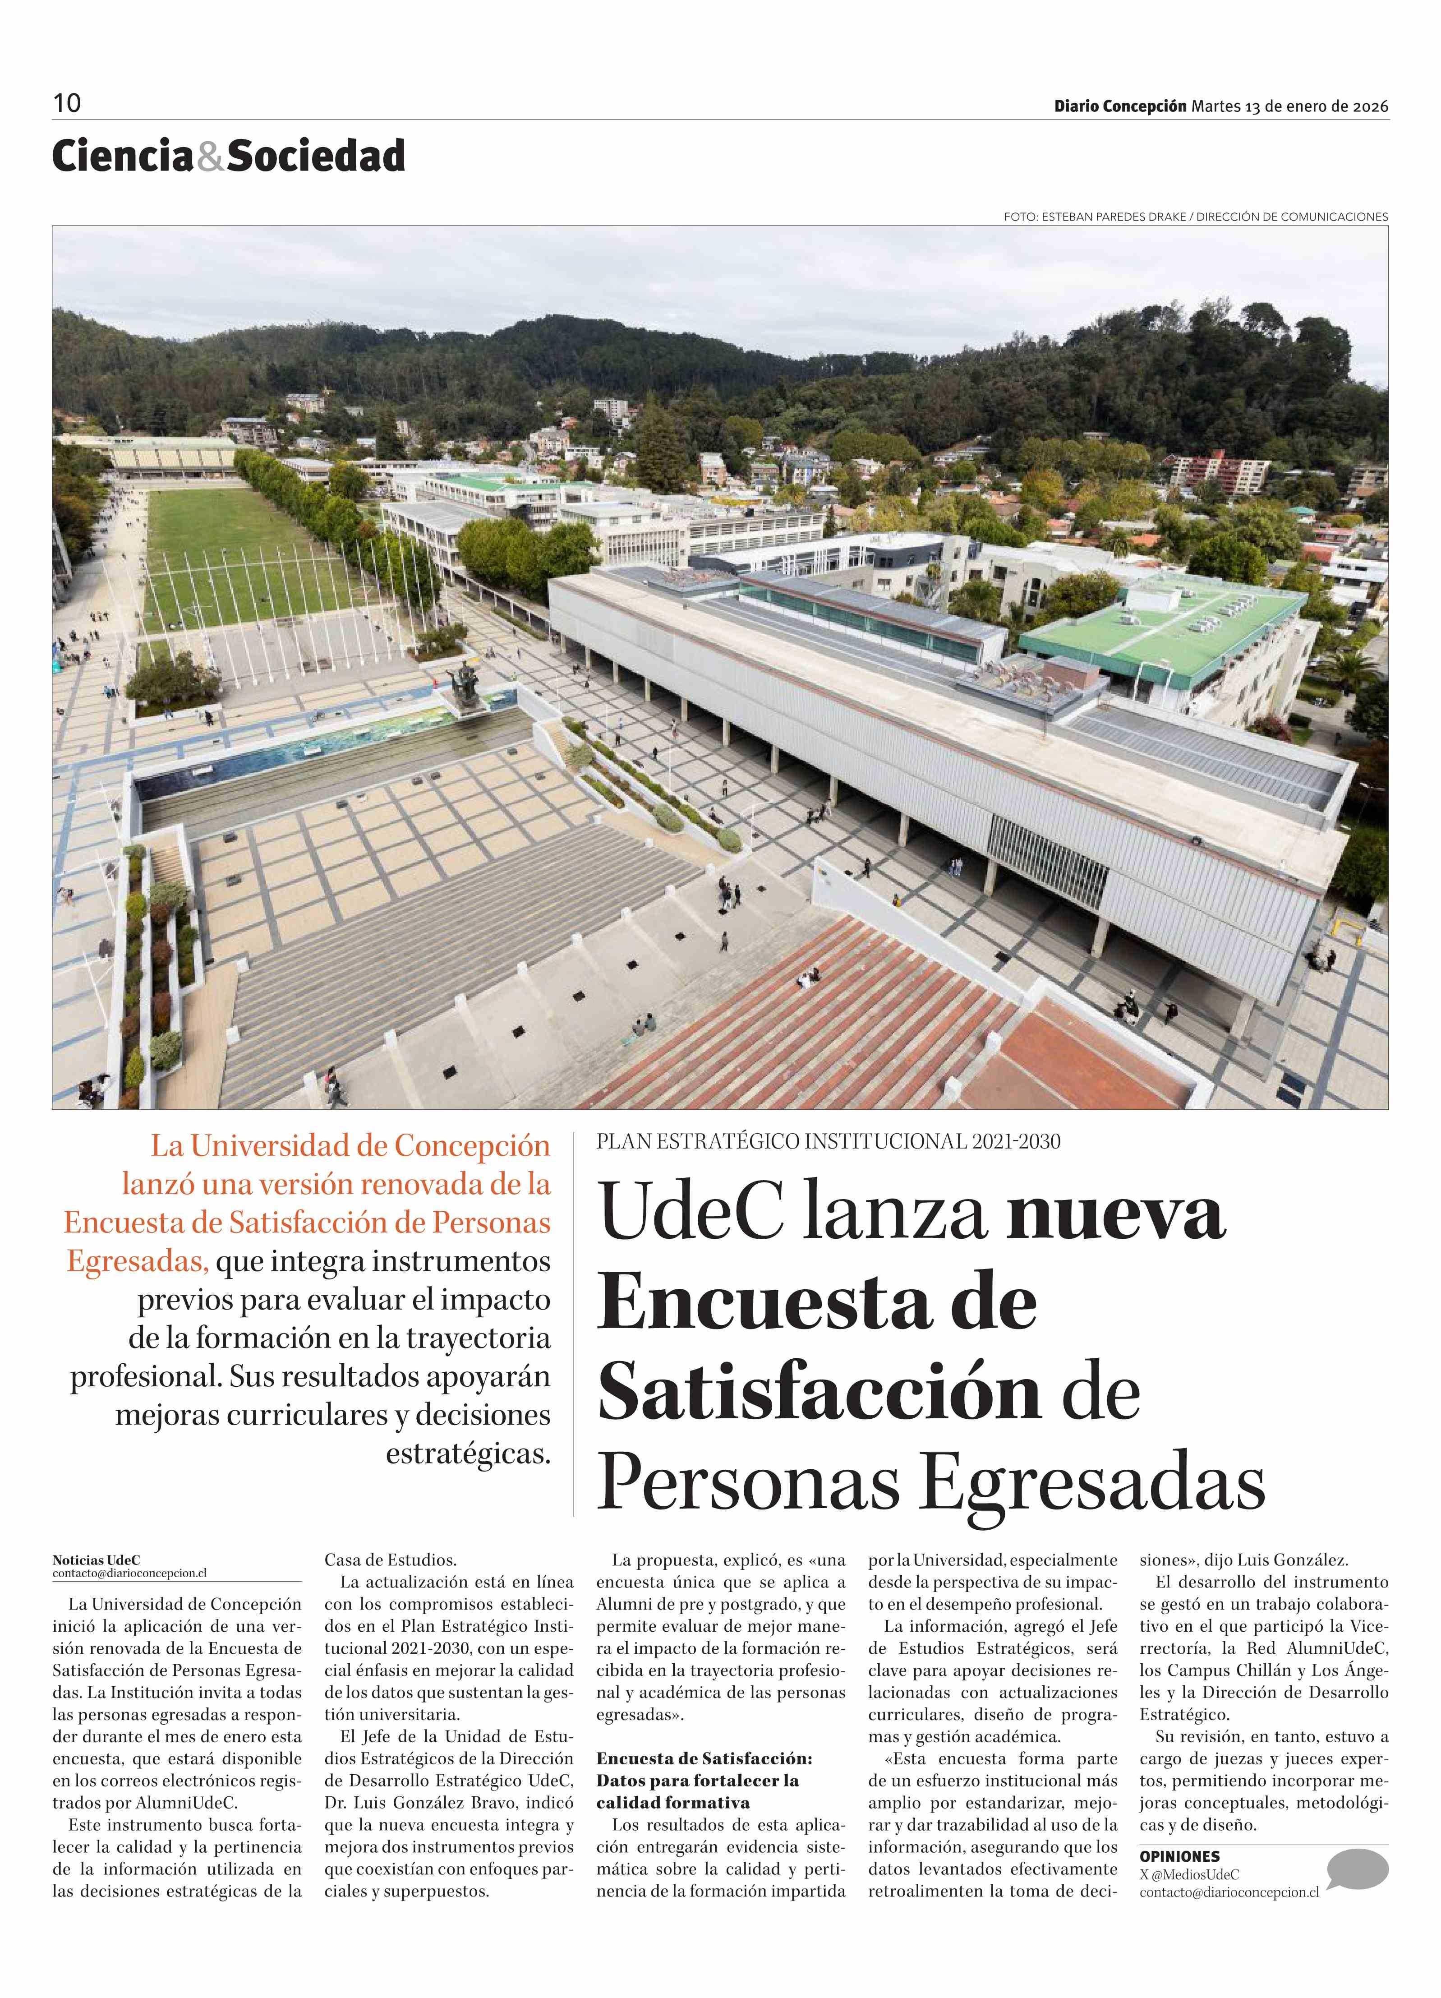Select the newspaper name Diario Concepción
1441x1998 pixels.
[1120, 106]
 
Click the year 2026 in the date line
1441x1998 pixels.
[1371, 106]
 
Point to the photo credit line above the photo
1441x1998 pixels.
[1195, 217]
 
